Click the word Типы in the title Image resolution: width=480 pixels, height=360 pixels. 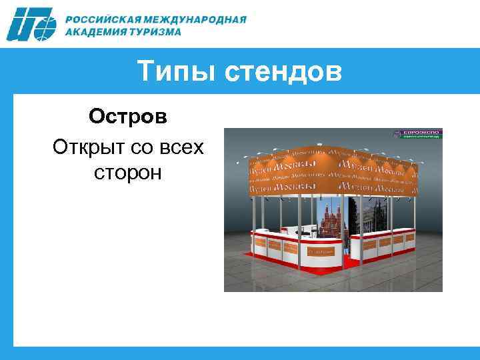177,71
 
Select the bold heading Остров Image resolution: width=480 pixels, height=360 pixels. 128,117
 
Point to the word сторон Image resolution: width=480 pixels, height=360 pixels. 128,173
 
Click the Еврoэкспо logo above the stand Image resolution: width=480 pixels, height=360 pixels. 421,133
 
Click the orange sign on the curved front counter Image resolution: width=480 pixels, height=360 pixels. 321,252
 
